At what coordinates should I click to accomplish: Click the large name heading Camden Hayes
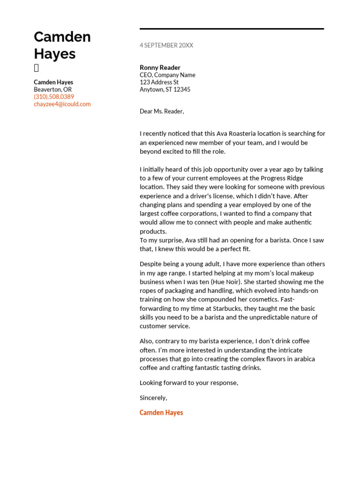tap(62, 45)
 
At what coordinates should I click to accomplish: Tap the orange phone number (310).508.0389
tap(54, 97)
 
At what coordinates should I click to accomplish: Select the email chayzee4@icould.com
tap(62, 104)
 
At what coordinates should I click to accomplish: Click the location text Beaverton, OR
tap(52, 90)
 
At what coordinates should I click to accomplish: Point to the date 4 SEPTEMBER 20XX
tap(166, 45)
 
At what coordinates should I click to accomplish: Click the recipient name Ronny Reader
tap(160, 67)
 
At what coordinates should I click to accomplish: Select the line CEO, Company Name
tap(167, 75)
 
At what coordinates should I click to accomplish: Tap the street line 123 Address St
tap(159, 82)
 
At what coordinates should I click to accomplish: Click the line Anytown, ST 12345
tap(165, 90)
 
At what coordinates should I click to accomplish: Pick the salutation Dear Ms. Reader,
tap(162, 112)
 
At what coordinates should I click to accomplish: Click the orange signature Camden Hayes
tap(161, 412)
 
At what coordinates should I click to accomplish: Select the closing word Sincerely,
tap(153, 397)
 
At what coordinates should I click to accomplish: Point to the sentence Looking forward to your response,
tap(189, 383)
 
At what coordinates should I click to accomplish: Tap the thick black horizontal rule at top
tap(232, 29)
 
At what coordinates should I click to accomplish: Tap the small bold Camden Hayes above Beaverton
tap(53, 82)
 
